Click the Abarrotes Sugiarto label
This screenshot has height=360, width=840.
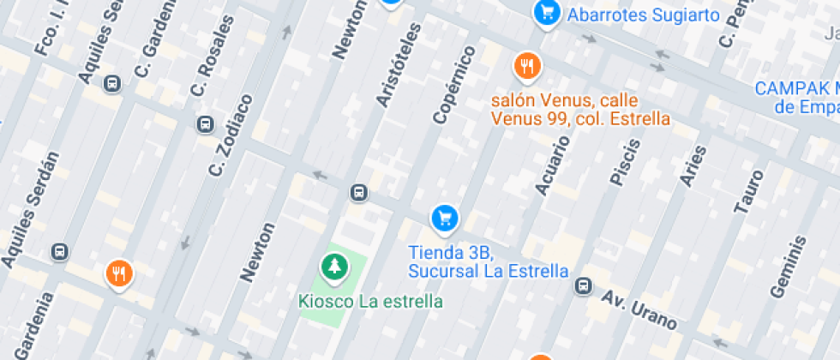643,15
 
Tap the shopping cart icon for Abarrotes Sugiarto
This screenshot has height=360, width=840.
546,13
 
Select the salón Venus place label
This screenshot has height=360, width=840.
579,109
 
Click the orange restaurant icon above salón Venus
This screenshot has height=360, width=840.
527,65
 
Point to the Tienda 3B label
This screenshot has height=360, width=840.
488,261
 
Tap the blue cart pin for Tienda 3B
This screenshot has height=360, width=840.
443,218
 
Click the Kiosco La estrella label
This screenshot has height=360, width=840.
370,302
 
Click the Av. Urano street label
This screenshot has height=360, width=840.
639,310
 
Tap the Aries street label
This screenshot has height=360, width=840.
693,165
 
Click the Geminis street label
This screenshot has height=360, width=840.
788,266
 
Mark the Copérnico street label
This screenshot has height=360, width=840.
454,85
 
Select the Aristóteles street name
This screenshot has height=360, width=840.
399,65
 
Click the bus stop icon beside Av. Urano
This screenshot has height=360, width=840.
584,285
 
